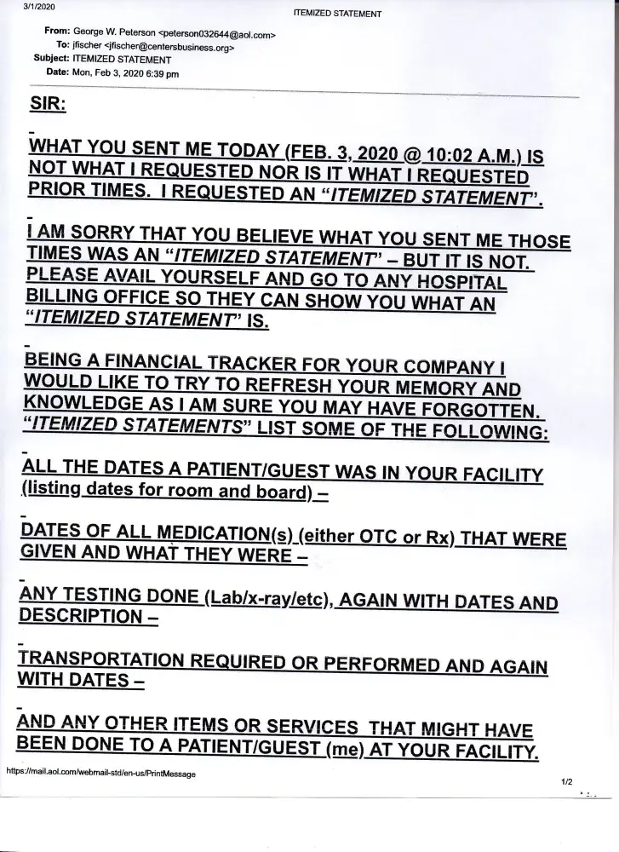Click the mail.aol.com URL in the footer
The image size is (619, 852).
point(100,774)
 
